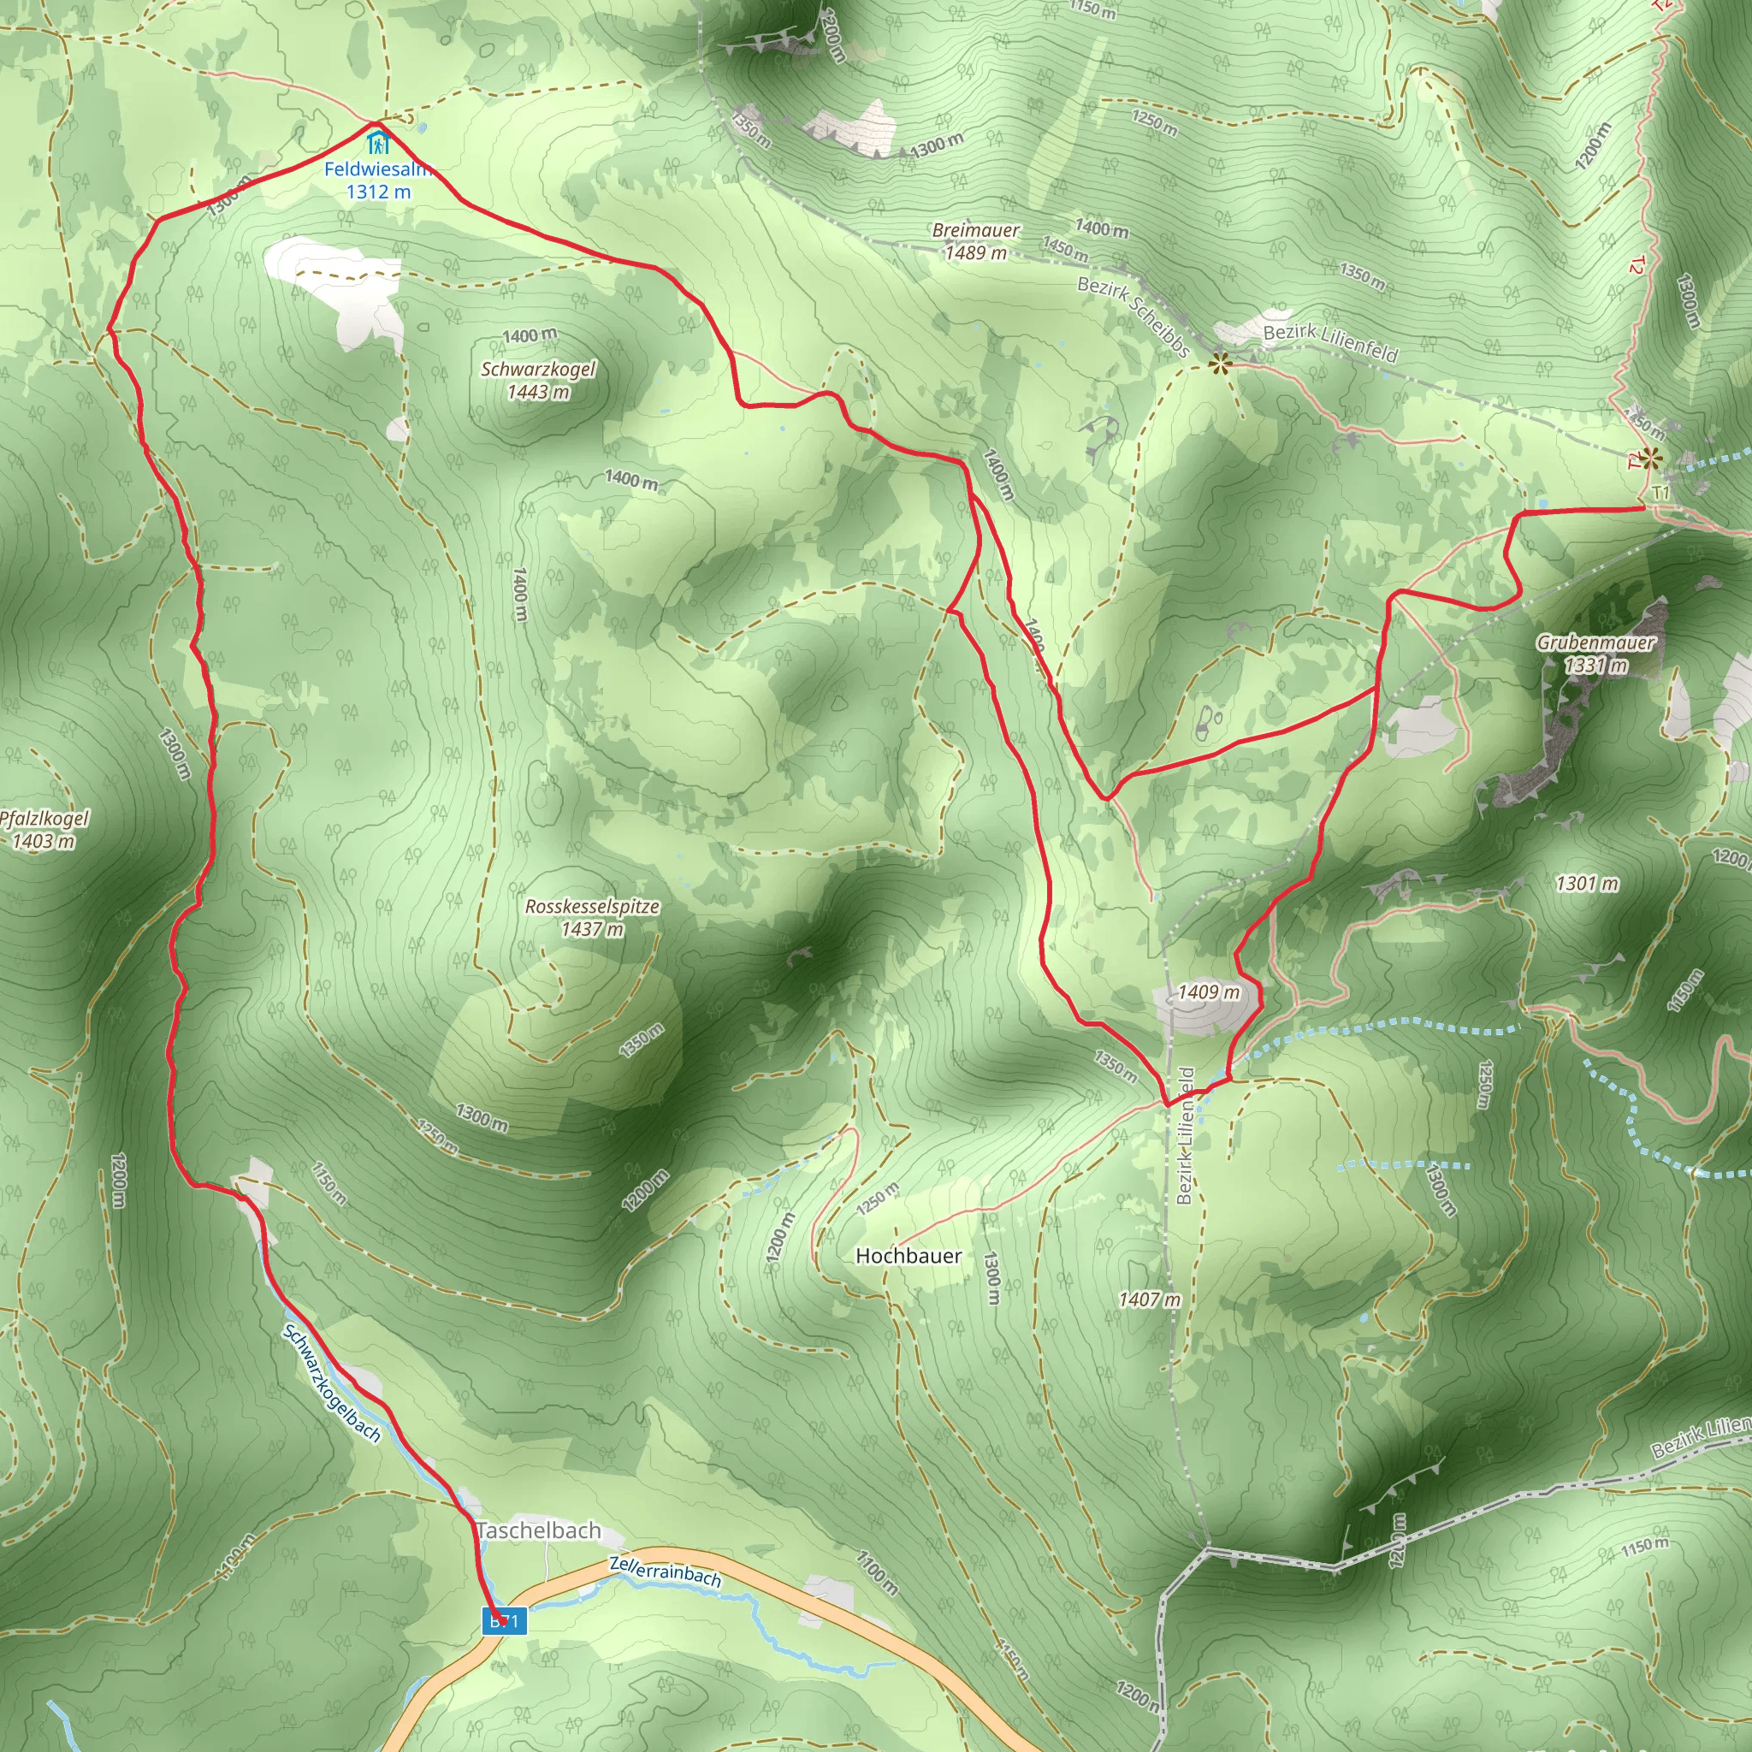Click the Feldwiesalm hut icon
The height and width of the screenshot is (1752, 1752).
click(378, 141)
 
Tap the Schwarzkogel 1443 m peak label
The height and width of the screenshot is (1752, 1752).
click(538, 380)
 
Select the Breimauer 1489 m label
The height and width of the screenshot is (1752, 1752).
click(976, 241)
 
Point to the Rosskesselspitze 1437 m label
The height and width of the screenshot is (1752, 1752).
click(592, 917)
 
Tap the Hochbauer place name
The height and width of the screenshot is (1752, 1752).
click(909, 1256)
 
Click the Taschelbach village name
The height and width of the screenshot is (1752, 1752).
click(539, 1530)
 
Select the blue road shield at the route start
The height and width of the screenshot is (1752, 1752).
click(504, 1620)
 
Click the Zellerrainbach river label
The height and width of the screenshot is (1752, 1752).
click(665, 1571)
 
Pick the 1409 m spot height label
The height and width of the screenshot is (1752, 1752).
click(1209, 992)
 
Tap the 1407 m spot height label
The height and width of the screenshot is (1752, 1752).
click(1150, 1299)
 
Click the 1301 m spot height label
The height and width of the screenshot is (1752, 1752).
click(1587, 883)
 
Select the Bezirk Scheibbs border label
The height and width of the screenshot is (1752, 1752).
click(1133, 317)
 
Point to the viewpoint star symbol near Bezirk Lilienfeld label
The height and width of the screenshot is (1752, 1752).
click(1221, 364)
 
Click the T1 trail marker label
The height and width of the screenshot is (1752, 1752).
click(1660, 493)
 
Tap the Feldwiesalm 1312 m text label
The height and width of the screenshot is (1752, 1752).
click(379, 180)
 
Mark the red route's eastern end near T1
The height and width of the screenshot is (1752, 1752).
click(1644, 509)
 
